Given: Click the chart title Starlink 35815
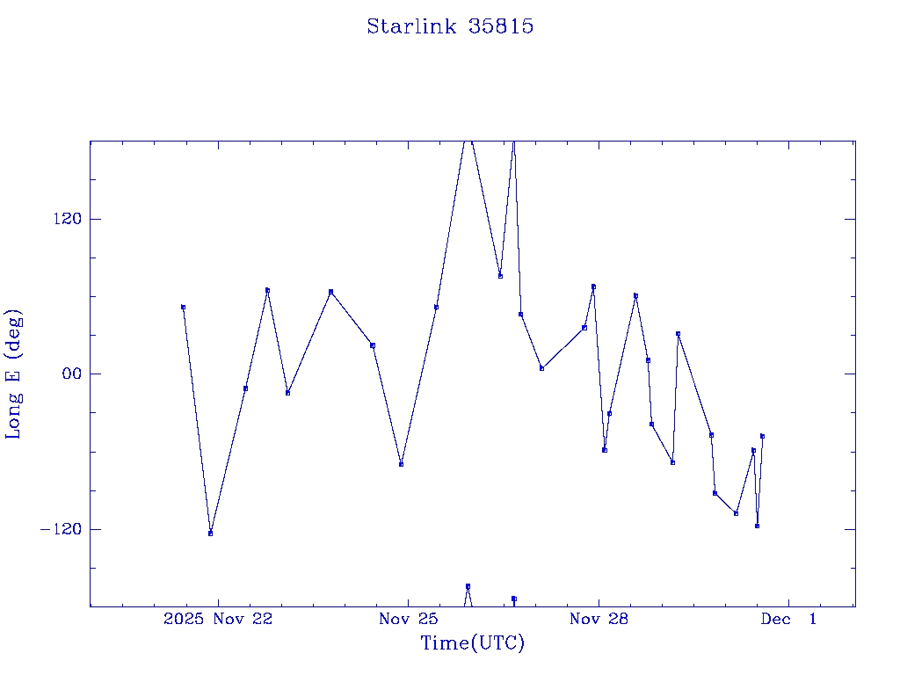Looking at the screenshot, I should point(450,26).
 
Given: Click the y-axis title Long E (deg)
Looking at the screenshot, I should point(14,374).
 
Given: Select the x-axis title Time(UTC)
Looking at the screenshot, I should point(473,643).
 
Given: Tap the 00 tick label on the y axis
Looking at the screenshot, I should point(69,374).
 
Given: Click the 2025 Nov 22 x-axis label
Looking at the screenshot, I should point(218,620).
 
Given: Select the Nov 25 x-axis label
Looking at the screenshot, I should point(408,620).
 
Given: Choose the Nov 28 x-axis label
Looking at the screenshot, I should point(599,620).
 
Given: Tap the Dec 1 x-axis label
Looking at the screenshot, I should point(788,620).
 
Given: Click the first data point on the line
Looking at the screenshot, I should point(183,307).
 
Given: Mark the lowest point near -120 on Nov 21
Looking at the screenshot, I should point(210,533).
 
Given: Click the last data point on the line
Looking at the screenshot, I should point(762,436).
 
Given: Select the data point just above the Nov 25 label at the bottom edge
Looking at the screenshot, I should point(468,585).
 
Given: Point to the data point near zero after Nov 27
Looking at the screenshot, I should point(541,368).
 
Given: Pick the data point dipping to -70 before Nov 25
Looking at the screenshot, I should point(401,464).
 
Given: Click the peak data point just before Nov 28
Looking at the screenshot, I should point(593,287).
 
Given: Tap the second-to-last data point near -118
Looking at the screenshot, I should point(757,526).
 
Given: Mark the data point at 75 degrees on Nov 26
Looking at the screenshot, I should point(500,276).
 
